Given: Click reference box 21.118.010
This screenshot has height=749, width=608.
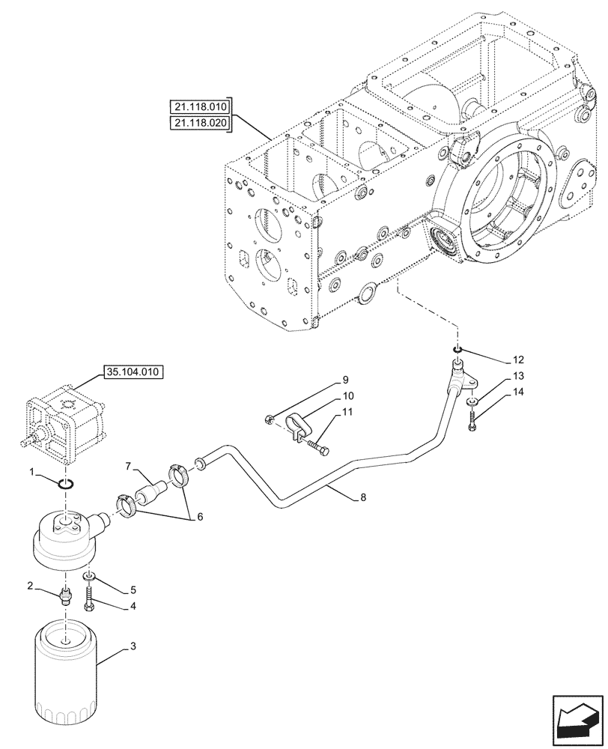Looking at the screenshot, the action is coord(201,106).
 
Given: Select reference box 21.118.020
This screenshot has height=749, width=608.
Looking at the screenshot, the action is coord(201,122).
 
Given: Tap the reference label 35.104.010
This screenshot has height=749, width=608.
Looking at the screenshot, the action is coord(133,370).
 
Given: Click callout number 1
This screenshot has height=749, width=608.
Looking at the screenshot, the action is coord(31,471).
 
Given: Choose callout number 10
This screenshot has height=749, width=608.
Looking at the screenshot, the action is coord(349,395).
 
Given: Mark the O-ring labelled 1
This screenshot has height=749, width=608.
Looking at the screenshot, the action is coord(65,484).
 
